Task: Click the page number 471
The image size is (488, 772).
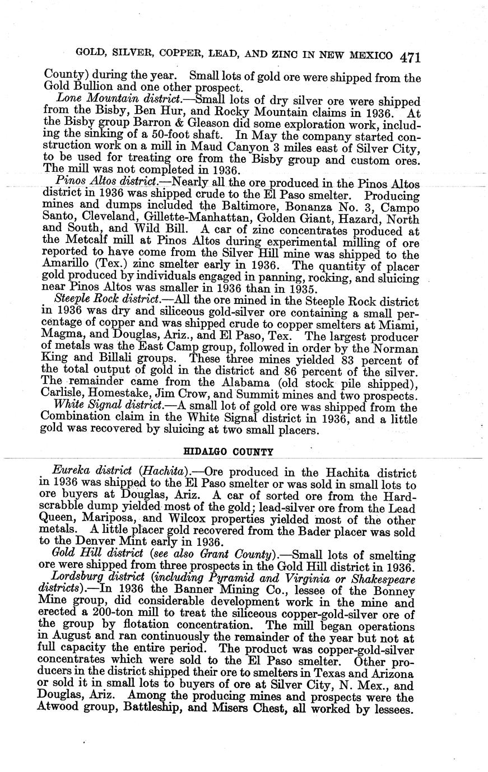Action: pyautogui.click(x=410, y=57)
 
